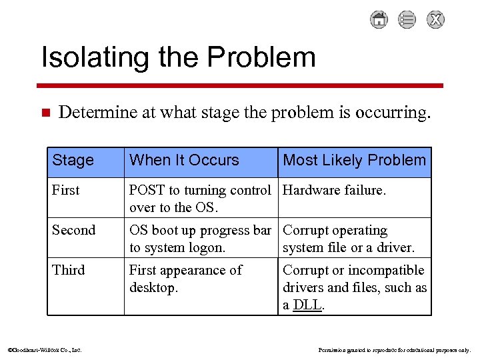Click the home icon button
click(379, 20)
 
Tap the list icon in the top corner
click(407, 20)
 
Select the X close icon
click(435, 20)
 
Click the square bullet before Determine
click(45, 113)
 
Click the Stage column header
click(73, 161)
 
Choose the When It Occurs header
click(184, 160)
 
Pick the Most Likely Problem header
click(354, 160)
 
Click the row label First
click(65, 191)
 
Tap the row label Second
click(73, 231)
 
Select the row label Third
click(68, 271)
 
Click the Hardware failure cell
click(334, 191)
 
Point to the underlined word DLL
click(307, 305)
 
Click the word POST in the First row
click(147, 191)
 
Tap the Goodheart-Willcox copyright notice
click(44, 349)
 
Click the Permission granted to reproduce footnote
click(395, 349)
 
